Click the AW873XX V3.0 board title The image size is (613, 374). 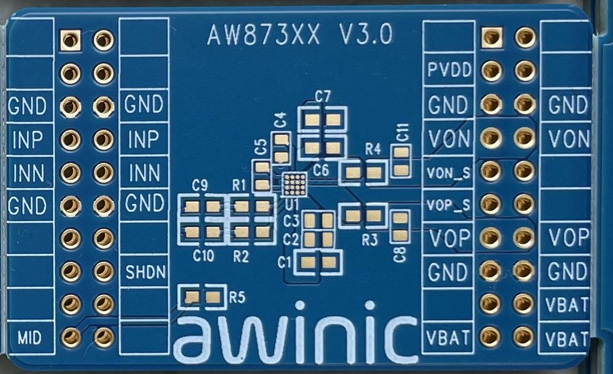300,35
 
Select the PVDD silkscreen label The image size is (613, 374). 449,70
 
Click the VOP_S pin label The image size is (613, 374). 449,205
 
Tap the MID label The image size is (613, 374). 29,338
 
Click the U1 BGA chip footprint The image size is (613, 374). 295,184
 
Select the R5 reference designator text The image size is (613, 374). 237,297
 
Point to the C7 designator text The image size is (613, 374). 322,96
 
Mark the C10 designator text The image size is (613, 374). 203,255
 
